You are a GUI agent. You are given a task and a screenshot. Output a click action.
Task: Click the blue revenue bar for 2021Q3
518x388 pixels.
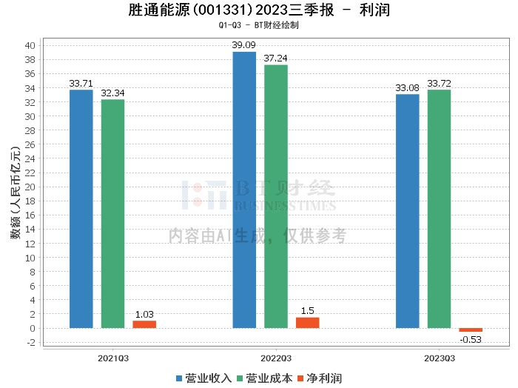click(x=81, y=209)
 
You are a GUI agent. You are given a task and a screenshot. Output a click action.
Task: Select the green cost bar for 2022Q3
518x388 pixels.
click(x=276, y=196)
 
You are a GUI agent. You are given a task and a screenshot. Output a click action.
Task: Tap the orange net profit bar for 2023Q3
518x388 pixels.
click(x=471, y=330)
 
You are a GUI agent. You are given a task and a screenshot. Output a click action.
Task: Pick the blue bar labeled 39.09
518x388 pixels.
click(x=244, y=190)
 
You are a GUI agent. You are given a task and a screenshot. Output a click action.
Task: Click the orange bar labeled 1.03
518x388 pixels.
click(x=144, y=324)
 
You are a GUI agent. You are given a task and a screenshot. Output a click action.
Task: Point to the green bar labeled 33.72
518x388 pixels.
click(x=439, y=209)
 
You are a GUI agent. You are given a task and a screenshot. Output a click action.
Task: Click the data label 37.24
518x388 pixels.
click(x=275, y=58)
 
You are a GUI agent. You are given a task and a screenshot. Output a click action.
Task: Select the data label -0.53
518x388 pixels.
click(x=471, y=339)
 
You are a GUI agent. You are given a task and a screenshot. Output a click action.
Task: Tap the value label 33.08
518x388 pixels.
click(x=407, y=88)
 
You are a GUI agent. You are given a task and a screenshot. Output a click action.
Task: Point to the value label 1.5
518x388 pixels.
click(x=308, y=311)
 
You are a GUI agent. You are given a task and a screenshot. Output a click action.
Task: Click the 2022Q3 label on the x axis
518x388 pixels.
click(x=276, y=358)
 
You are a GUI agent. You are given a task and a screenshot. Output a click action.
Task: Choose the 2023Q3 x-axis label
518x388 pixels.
click(x=440, y=358)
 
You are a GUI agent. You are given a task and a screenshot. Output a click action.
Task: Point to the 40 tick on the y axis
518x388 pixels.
click(x=30, y=46)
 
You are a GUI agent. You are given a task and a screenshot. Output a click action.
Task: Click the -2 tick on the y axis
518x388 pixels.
click(x=31, y=342)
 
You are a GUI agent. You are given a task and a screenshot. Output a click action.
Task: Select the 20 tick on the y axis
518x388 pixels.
click(x=30, y=187)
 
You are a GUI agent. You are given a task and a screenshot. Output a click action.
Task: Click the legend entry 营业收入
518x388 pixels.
click(x=203, y=378)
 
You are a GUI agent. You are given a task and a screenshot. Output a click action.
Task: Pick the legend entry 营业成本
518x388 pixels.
click(x=265, y=378)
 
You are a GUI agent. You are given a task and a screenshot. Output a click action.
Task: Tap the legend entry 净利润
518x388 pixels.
click(x=320, y=378)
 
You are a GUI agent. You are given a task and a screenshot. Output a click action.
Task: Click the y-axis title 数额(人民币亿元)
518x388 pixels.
click(x=16, y=193)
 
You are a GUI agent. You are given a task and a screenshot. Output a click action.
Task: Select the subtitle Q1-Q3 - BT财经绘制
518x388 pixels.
click(x=259, y=25)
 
